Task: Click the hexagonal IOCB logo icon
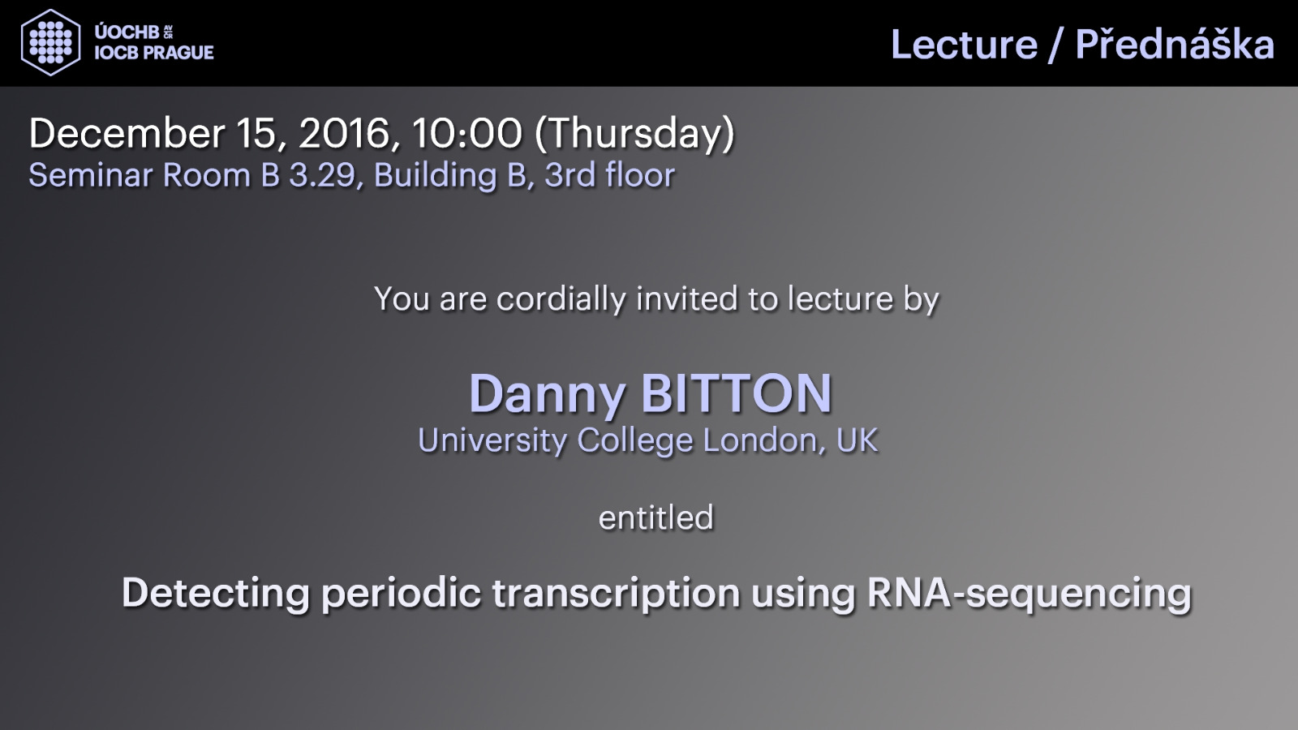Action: point(50,43)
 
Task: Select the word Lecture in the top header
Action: point(964,45)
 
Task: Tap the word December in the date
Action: point(127,133)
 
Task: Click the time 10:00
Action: point(467,133)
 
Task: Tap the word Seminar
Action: point(91,175)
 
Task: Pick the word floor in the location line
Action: point(640,175)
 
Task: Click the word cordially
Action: point(561,299)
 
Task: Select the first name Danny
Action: point(548,395)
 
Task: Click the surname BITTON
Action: point(737,393)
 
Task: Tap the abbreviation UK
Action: point(857,440)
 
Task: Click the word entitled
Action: point(656,517)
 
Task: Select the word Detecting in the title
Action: point(216,594)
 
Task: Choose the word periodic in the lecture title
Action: point(401,594)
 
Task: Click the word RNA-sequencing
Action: point(1029,594)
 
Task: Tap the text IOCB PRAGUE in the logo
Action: point(154,53)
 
